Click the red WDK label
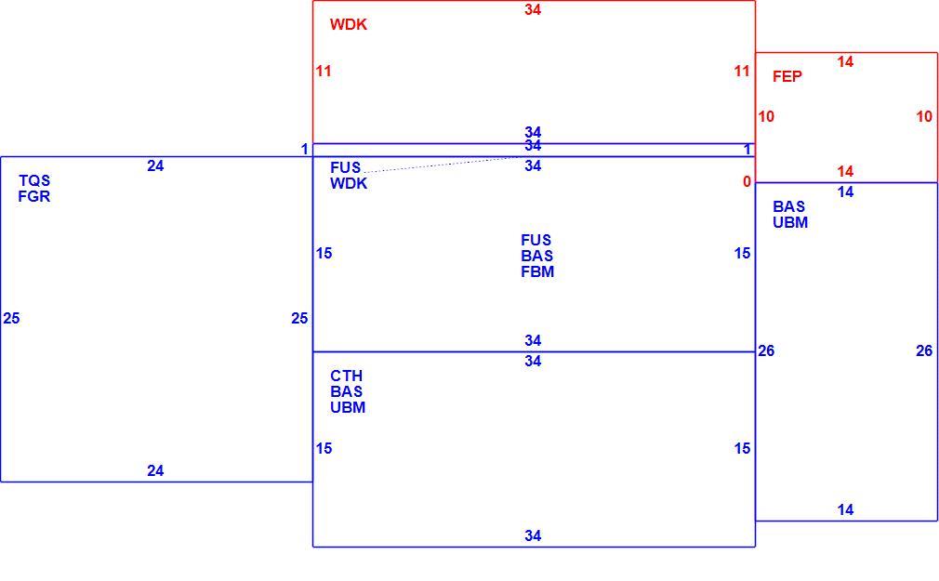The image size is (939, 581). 348,24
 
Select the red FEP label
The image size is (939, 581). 787,76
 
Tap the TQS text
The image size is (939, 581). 34,181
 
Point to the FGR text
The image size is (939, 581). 34,196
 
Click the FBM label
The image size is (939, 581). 537,272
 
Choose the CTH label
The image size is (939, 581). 346,376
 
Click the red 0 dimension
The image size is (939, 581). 747,181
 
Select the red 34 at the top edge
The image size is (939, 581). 533,9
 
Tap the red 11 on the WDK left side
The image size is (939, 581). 324,72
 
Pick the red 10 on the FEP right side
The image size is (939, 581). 924,117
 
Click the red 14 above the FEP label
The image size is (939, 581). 845,61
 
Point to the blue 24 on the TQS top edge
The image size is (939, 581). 155,165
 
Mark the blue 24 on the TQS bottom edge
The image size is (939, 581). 155,470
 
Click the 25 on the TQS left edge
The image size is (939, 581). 11,319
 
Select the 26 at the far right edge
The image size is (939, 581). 924,351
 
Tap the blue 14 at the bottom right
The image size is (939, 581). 845,509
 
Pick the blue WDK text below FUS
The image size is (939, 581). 349,184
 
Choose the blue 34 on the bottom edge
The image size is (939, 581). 533,536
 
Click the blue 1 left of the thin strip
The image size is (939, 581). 305,149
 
